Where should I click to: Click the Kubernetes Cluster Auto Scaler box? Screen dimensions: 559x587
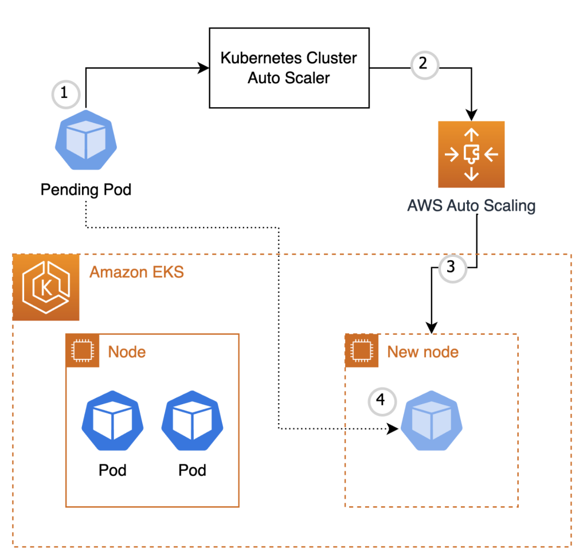coord(288,68)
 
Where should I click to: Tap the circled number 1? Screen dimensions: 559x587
coord(64,93)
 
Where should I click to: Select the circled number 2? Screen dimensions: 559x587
coord(423,64)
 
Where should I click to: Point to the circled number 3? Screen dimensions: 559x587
coord(451,267)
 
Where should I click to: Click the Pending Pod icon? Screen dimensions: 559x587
coord(85,140)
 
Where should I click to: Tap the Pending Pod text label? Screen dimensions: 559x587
coord(86,189)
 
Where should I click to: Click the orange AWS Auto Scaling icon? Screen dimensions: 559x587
coord(471,154)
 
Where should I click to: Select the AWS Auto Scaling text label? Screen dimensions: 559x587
coord(471,205)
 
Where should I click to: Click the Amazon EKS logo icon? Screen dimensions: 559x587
coord(46,287)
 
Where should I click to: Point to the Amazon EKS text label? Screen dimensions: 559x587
coord(136,271)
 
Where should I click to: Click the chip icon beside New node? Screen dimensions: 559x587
coord(361,351)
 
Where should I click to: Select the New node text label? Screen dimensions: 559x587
coord(422,351)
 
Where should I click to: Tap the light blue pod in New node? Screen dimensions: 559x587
coord(431,426)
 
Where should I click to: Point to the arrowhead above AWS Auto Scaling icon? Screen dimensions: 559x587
coord(471,115)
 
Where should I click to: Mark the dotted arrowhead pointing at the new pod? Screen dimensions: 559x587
coord(393,428)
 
